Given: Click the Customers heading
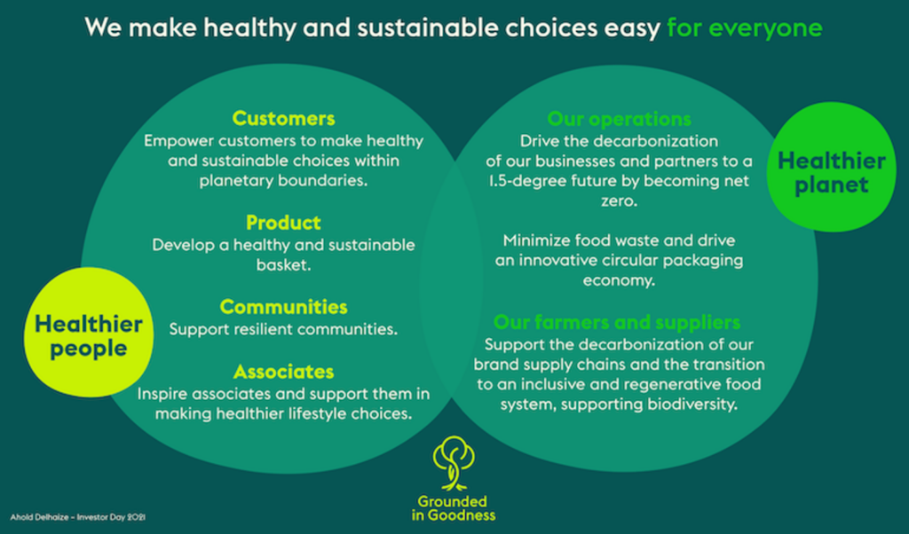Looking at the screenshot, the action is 283,118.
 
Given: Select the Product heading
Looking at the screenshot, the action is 283,223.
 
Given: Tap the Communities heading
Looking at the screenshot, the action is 283,306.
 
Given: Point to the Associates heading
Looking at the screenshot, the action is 283,372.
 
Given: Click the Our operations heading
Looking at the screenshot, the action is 619,119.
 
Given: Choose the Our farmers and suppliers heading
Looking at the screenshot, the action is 617,322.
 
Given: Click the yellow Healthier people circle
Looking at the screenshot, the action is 89,333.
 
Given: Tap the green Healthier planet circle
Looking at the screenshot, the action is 831,167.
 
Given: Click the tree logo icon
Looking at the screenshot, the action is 454,463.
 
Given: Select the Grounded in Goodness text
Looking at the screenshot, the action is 454,508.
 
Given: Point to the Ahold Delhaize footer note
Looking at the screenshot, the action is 78,517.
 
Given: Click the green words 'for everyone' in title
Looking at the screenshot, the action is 745,27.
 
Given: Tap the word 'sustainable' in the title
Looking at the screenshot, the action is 427,27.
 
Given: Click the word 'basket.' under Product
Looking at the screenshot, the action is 283,264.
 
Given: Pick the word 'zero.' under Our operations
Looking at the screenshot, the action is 619,201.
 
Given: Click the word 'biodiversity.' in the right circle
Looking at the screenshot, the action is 692,404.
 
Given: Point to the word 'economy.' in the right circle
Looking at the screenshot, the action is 619,280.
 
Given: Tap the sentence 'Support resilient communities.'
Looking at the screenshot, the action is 283,329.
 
